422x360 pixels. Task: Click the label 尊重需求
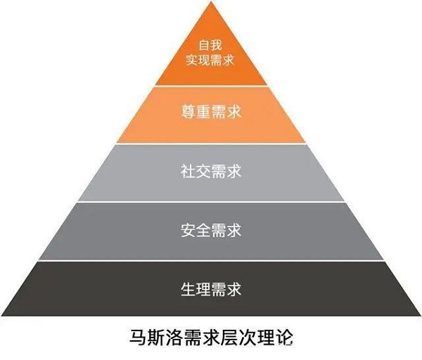tap(211, 111)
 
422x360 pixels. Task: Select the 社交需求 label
tap(211, 171)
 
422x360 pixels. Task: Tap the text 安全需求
tap(211, 231)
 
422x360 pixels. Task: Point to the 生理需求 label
tap(211, 289)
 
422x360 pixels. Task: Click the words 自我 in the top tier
tap(210, 45)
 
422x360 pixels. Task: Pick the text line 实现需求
tap(210, 60)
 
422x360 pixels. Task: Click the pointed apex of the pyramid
tap(212, 1)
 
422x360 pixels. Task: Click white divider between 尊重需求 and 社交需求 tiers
tap(212, 143)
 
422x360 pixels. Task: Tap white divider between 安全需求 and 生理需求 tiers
tap(211, 261)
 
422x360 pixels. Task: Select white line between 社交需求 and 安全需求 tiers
tap(211, 202)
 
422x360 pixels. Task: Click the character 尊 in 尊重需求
tap(188, 111)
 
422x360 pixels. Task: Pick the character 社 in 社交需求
tap(188, 171)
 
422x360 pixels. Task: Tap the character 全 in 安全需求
tap(203, 231)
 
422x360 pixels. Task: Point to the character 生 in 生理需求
tap(188, 289)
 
